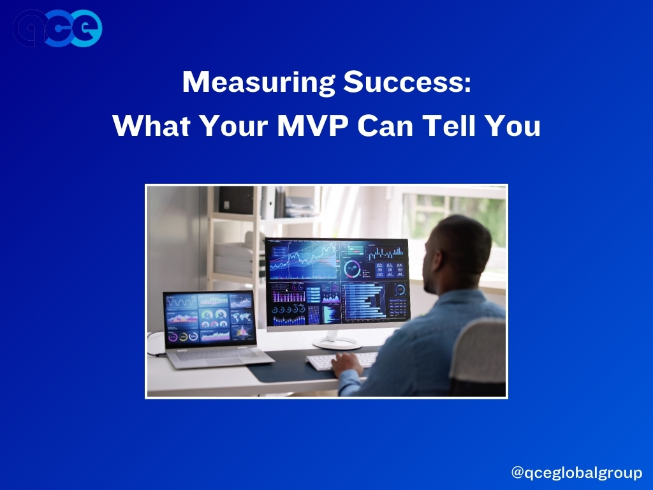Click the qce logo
pos(57,28)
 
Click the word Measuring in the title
pos(259,82)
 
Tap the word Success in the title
pos(407,82)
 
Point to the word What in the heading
pos(152,126)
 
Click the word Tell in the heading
pos(448,125)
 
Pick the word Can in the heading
pos(385,126)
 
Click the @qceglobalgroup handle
pos(576,473)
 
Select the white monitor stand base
pos(337,343)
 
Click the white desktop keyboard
pos(342,361)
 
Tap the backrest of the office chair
pos(478,351)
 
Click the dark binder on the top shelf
pos(236,200)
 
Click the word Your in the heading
pos(234,126)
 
